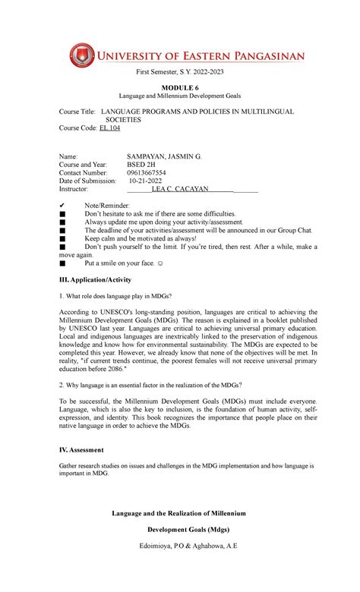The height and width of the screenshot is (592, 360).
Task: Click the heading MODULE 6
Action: click(180, 88)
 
